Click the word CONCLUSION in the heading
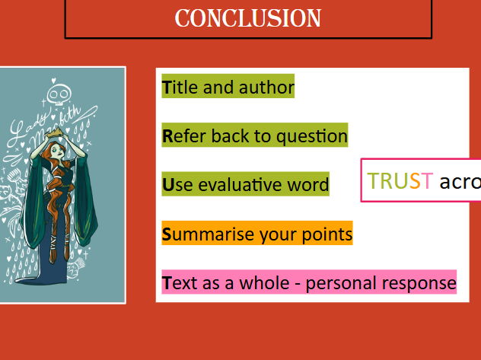pos(248,18)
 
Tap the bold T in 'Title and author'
pos(167,88)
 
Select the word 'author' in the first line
pos(266,88)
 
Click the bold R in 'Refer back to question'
pos(167,136)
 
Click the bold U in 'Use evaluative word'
pos(168,185)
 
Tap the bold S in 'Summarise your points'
pos(167,234)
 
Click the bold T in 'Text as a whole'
pos(167,283)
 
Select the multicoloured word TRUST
pos(400,181)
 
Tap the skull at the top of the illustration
pos(58,94)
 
